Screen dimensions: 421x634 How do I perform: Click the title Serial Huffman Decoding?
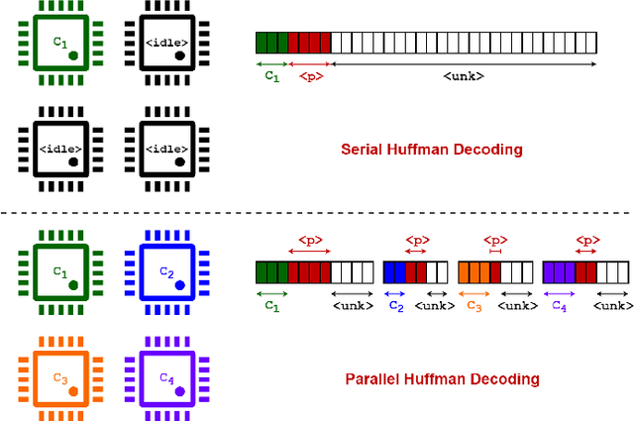[x=431, y=151]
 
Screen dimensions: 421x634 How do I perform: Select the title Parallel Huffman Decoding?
[x=442, y=378]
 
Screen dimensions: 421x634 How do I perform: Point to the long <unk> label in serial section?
[x=463, y=76]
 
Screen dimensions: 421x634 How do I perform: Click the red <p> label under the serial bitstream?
[x=309, y=76]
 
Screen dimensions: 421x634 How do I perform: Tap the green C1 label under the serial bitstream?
[x=271, y=75]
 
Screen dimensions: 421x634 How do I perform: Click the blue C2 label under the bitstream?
[x=395, y=306]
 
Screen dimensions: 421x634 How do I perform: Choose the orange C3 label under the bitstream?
[x=474, y=306]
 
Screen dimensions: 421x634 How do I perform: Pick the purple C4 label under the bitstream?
[x=560, y=306]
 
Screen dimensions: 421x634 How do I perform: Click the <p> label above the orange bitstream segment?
[x=494, y=239]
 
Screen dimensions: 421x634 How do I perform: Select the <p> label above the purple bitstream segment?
[x=586, y=239]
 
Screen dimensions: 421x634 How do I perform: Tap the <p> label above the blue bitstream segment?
[x=417, y=239]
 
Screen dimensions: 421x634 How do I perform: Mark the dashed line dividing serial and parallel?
[x=317, y=213]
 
